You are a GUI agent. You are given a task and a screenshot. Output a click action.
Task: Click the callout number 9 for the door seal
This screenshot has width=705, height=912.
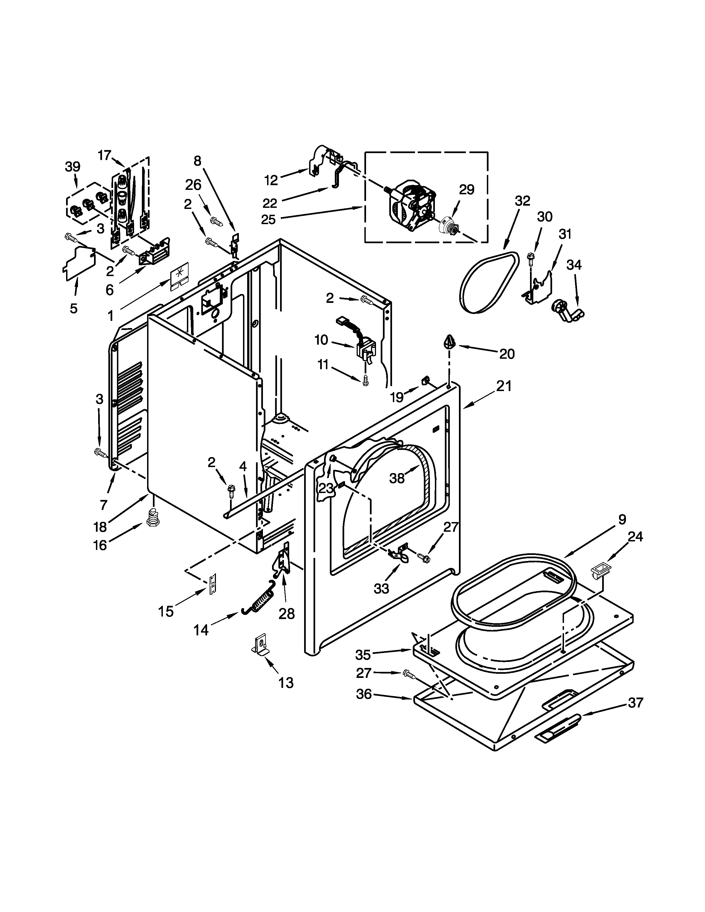622,520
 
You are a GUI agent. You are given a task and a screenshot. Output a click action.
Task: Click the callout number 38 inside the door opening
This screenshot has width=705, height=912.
397,478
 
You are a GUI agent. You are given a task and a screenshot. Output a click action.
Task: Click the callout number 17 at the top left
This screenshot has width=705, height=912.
105,155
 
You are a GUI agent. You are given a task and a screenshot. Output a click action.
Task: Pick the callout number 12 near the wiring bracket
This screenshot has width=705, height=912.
271,180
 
